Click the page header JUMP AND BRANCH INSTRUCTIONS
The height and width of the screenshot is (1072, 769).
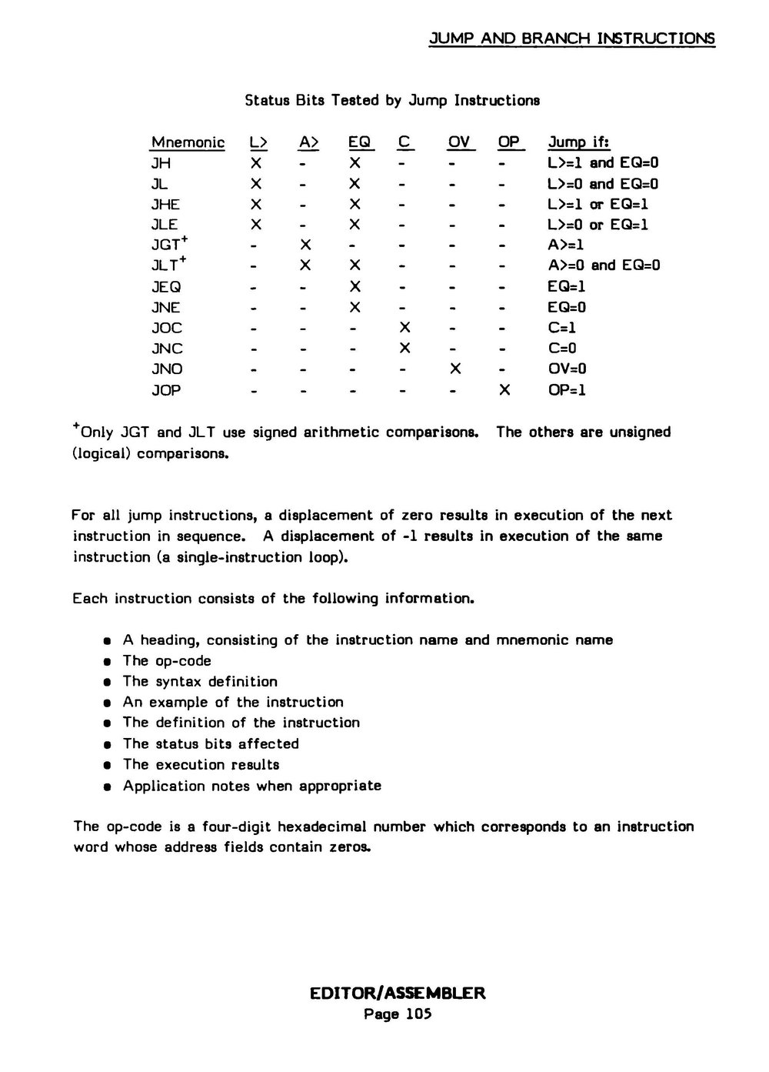coord(571,38)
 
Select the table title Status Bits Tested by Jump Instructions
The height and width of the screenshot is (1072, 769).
coord(392,100)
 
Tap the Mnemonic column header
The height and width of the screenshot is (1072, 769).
coord(188,142)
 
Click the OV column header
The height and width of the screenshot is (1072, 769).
coord(459,142)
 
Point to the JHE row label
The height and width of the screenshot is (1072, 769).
coord(165,204)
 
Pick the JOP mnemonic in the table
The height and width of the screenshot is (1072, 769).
coord(166,390)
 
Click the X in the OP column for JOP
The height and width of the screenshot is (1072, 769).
coord(504,390)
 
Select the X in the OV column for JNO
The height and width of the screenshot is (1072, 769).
coord(455,369)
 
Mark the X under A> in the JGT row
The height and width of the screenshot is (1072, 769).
coord(305,245)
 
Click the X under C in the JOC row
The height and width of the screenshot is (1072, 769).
coord(405,328)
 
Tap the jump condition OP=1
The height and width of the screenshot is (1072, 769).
coord(567,390)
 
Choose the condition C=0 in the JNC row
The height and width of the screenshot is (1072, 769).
coord(562,349)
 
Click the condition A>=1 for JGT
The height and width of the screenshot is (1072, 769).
coord(566,245)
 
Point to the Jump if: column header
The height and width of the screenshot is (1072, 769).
coord(578,142)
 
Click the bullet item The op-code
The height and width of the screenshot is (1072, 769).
coord(167,661)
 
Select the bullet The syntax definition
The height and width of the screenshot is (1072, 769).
coord(200,682)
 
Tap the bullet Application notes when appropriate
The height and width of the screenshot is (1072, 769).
coord(251,786)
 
